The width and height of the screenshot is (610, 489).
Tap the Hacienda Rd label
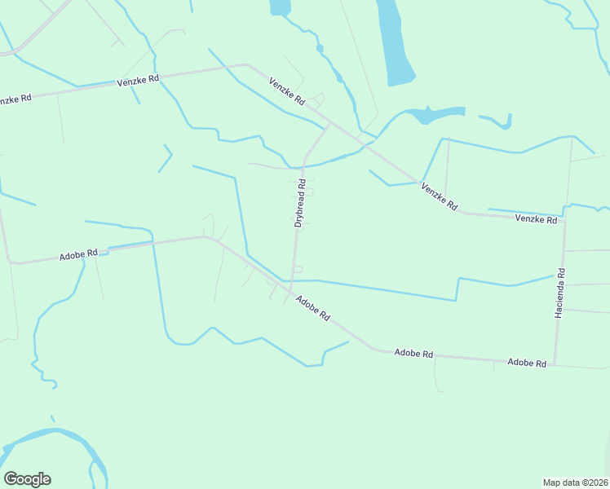[559, 293]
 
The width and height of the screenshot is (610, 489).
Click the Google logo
[27, 479]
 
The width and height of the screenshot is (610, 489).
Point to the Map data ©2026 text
[576, 482]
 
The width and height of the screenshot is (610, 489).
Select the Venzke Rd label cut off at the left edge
[15, 99]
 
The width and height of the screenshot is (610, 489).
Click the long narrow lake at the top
[395, 41]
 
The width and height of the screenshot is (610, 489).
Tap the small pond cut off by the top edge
[280, 7]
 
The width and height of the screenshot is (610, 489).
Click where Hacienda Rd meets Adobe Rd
[555, 363]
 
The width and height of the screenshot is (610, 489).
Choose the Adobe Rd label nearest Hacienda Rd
[526, 362]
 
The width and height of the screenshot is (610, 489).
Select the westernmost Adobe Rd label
[78, 255]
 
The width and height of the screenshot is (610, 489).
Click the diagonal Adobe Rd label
[312, 307]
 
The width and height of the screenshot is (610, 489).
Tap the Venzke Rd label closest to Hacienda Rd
[536, 219]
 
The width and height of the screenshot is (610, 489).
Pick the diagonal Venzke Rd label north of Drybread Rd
[287, 90]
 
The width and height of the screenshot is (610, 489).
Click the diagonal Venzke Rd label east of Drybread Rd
[439, 196]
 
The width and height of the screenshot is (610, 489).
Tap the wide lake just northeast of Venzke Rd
[436, 113]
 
